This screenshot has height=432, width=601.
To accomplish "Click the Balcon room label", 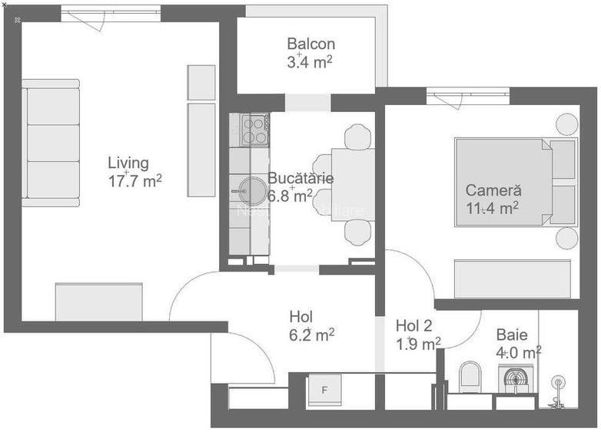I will (310, 44).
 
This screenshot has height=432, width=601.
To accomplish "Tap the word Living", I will (128, 163).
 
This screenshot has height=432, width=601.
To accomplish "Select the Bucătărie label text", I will (300, 178).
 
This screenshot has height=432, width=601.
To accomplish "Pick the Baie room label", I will (511, 335).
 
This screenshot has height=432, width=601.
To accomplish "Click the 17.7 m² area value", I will (135, 180).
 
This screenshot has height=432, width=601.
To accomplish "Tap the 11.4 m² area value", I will (492, 207).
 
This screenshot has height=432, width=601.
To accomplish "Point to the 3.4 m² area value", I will (310, 61).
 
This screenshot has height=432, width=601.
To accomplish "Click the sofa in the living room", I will (51, 143).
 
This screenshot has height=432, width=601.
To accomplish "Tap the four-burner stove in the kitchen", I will (254, 130).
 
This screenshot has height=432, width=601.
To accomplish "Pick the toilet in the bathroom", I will (469, 377).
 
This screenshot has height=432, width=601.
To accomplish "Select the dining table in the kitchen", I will (353, 184).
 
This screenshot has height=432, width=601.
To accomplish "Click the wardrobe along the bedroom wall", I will (512, 279).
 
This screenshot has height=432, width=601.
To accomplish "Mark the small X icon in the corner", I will (5, 5).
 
